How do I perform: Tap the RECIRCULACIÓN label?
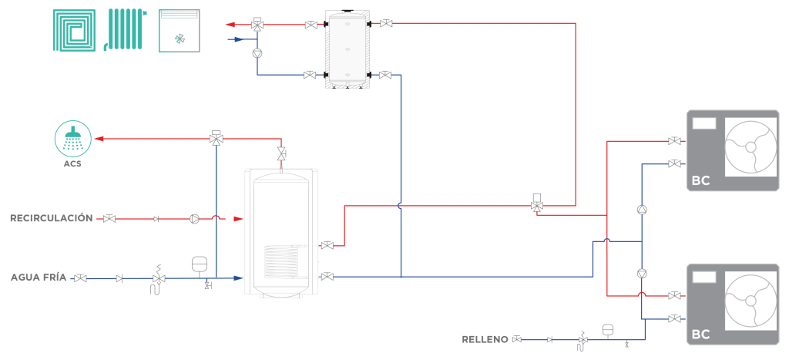[x=52, y=218]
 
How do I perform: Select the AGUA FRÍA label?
[x=39, y=278]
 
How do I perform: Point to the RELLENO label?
[x=485, y=339]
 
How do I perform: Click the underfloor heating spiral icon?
[x=75, y=30]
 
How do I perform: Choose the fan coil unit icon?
[x=179, y=30]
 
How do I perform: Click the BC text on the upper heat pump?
[x=701, y=180]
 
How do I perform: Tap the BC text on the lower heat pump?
[x=701, y=335]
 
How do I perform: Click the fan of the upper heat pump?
[x=750, y=147]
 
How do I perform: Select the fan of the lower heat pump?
[x=750, y=301]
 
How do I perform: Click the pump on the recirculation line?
[x=194, y=218]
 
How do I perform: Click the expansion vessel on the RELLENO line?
[x=608, y=330]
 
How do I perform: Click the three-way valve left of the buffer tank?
[x=257, y=24]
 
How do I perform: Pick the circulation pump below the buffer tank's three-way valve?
[x=257, y=52]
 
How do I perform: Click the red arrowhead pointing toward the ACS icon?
[x=99, y=139]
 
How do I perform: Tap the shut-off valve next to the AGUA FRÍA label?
[x=80, y=278]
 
